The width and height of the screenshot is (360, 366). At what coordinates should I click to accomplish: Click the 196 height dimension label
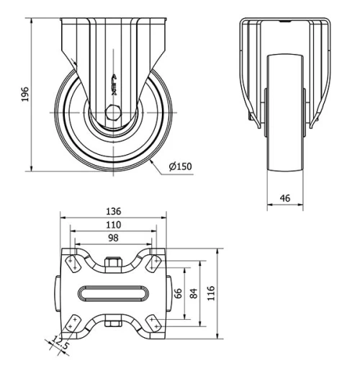tap(24, 94)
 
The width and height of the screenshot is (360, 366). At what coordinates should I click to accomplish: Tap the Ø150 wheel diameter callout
tap(180, 167)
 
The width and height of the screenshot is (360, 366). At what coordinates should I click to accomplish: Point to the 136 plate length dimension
tap(113, 212)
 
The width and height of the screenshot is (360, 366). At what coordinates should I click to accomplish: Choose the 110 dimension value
tap(113, 225)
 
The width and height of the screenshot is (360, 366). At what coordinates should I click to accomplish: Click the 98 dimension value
tap(113, 238)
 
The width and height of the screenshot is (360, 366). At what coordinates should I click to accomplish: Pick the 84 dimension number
tap(192, 294)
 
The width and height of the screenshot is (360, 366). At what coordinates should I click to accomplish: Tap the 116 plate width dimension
tap(210, 294)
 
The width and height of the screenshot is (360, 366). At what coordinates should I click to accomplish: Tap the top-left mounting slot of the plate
tap(73, 264)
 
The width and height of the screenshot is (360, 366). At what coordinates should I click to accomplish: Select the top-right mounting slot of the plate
tap(153, 264)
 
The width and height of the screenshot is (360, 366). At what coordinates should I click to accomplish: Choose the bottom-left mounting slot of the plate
tap(73, 324)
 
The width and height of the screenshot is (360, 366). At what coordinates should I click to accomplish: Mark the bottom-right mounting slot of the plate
tap(153, 324)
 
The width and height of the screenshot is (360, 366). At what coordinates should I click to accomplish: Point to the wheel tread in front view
tap(285, 115)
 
